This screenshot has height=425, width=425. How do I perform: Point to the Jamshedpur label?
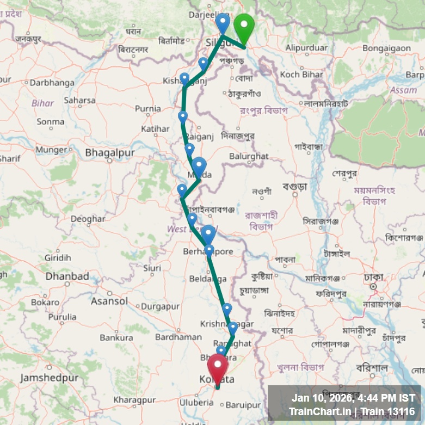[x=50, y=378]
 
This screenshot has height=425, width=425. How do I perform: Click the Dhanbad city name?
[x=67, y=276]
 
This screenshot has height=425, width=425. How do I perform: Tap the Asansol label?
[x=109, y=301]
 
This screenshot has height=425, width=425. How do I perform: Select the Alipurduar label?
[x=307, y=48]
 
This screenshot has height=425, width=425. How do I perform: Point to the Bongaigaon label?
[x=387, y=48]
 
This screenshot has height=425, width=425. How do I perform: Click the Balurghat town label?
[x=249, y=156]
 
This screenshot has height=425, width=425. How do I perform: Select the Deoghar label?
[x=88, y=219]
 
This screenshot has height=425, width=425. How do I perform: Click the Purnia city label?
[x=147, y=109]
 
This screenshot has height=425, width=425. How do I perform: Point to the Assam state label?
[x=404, y=90]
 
